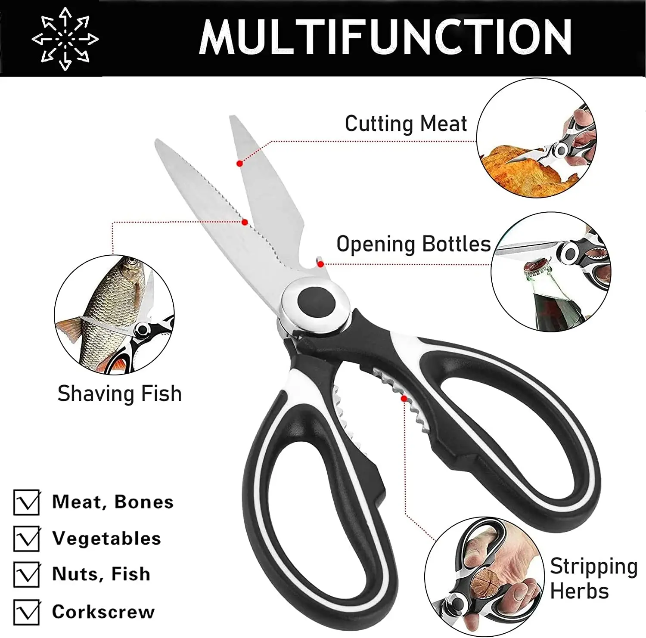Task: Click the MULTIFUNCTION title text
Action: (385, 37)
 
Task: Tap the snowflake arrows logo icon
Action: (65, 39)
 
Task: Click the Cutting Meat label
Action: (406, 124)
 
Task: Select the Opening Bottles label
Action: (413, 244)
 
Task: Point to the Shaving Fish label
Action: (119, 394)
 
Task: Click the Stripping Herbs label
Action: (593, 578)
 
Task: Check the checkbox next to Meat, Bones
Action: (27, 502)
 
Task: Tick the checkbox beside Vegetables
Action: (27, 539)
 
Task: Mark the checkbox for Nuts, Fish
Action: (27, 574)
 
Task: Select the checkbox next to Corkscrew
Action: (27, 612)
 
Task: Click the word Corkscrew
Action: (103, 612)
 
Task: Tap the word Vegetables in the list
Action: (106, 539)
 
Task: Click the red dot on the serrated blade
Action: (245, 222)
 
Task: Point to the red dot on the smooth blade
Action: (240, 164)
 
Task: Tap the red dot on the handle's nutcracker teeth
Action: (404, 399)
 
